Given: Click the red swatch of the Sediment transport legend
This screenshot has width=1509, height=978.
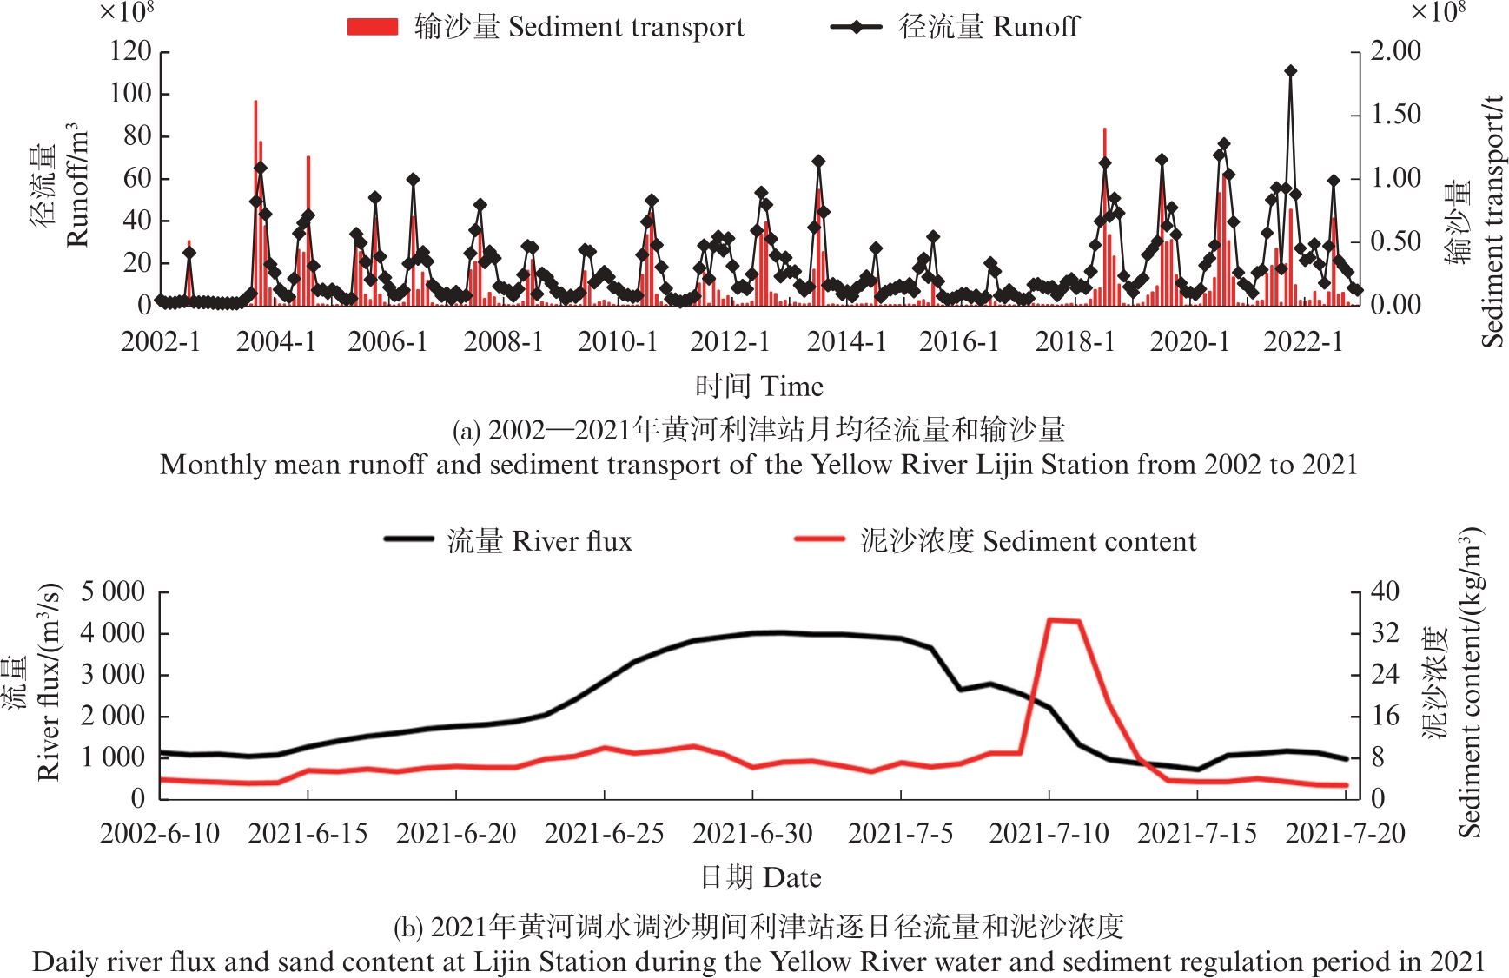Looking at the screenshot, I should [372, 27].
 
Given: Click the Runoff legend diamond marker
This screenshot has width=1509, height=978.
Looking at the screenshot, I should [856, 27].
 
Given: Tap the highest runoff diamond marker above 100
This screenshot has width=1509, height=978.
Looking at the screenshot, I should [1290, 71].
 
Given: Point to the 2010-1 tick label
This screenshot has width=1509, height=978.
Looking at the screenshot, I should [618, 341].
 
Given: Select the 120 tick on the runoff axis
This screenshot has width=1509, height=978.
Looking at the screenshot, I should [130, 51].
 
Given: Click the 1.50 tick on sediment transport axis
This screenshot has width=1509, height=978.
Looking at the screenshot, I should [1395, 115].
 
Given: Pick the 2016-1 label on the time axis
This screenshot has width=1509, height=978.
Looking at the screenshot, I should [959, 341].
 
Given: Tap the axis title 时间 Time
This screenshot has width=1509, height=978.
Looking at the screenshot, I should [758, 386].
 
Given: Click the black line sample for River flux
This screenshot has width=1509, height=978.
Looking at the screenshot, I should [409, 539].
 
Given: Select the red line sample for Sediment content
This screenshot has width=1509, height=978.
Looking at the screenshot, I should [819, 539].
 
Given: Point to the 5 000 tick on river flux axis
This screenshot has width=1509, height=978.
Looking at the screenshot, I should [112, 592].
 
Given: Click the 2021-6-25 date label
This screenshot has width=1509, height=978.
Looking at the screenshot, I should [604, 834].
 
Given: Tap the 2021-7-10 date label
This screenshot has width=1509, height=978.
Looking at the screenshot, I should [1049, 834].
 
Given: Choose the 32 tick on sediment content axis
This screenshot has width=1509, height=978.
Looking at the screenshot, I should [1385, 633].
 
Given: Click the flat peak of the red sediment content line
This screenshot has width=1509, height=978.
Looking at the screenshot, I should [1064, 620].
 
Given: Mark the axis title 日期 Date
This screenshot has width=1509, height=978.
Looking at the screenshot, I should [760, 877].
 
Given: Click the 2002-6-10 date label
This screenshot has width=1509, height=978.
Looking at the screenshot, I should [160, 834].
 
